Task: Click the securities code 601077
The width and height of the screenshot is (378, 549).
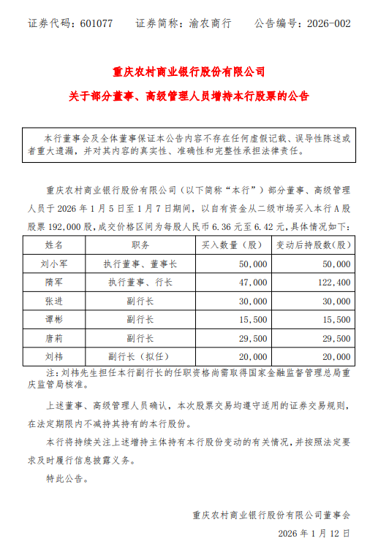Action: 95,23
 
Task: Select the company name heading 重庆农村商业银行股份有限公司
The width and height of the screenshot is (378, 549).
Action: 189,72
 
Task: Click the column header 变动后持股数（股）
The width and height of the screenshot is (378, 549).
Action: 315,245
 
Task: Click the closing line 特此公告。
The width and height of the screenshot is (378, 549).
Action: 68,480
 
